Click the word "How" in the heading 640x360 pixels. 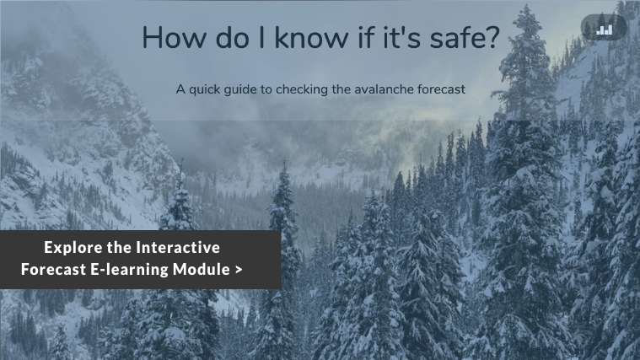(175, 38)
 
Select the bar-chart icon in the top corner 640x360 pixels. (604, 30)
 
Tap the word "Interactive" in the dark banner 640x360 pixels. (178, 247)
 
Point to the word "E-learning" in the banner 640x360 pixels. (129, 270)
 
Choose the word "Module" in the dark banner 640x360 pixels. (202, 270)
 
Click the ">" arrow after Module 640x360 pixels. (239, 270)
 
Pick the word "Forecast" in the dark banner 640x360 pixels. (53, 270)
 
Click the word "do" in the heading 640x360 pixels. (232, 38)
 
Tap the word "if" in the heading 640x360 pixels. (366, 37)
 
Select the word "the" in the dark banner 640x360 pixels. (119, 247)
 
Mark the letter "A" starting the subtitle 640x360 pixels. (180, 89)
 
